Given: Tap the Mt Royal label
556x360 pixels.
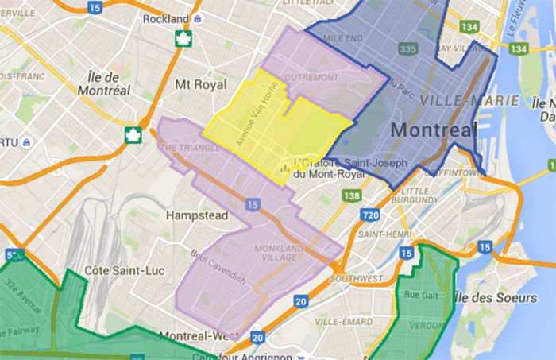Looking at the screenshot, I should tap(195, 83).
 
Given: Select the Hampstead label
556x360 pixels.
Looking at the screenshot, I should tap(196, 215).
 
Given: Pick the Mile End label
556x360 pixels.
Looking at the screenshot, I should tap(342, 37).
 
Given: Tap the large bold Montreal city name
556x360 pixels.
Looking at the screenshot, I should tap(434, 130).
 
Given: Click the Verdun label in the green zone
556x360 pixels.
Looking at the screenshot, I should tap(424, 326).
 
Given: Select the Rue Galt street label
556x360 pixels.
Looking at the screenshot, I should tap(418, 297).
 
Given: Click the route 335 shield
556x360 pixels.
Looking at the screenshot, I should tap(409, 49).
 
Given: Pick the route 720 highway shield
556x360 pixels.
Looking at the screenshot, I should tap(369, 215).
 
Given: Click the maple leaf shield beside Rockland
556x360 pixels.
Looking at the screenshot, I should tap(182, 38).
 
